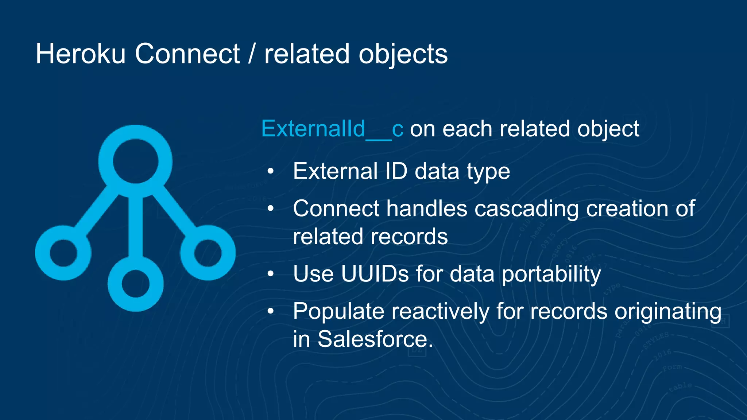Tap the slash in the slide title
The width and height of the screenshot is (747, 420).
click(251, 54)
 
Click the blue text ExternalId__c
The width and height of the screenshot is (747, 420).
click(332, 129)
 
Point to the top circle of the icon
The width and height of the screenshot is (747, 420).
click(135, 161)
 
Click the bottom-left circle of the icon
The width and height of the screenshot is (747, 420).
click(63, 253)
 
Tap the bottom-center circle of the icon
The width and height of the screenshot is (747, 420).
click(136, 284)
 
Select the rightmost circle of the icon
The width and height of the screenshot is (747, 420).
click(208, 253)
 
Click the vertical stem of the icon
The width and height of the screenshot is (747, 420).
click(136, 226)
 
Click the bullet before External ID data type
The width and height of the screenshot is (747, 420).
click(270, 171)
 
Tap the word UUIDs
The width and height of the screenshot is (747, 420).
click(375, 274)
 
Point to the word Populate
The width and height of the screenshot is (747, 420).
click(338, 312)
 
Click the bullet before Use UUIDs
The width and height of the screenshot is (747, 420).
click(270, 274)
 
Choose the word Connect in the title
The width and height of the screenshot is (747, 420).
click(187, 54)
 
